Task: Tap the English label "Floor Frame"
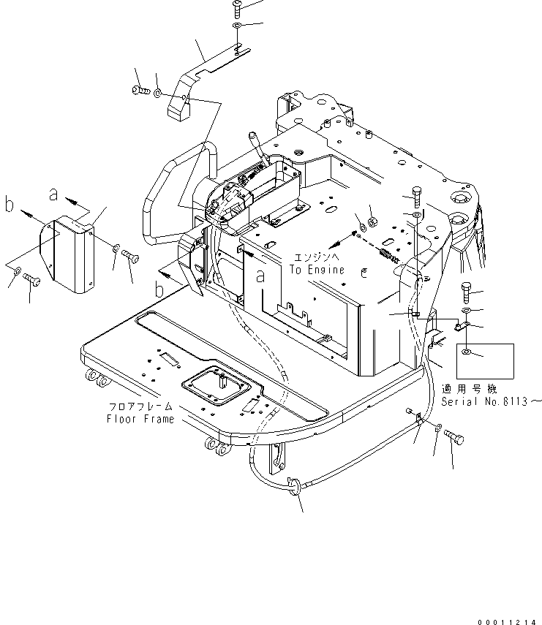click(140, 419)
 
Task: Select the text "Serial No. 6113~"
click(492, 401)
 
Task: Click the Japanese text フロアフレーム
click(140, 408)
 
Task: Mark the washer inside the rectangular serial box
click(466, 354)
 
